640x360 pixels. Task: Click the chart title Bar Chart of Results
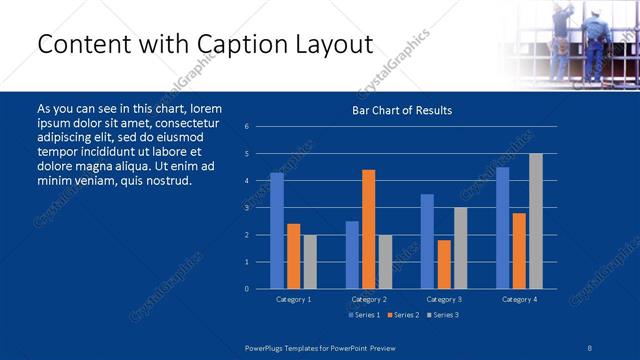coord(402,110)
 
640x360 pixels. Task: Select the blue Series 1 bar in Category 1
coord(277,231)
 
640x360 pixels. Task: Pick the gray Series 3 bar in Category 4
coord(536,221)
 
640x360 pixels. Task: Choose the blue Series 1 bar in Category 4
coord(503,228)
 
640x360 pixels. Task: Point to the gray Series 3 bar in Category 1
coord(310,262)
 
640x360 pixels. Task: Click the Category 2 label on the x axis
coord(368,299)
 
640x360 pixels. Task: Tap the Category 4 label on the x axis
coord(519,299)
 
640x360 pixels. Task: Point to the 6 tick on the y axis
coord(246,127)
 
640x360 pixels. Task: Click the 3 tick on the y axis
coord(246,208)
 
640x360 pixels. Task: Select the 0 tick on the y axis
coord(246,289)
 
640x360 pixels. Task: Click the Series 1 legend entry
coord(363,316)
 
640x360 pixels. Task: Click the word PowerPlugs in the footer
coord(267,346)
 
